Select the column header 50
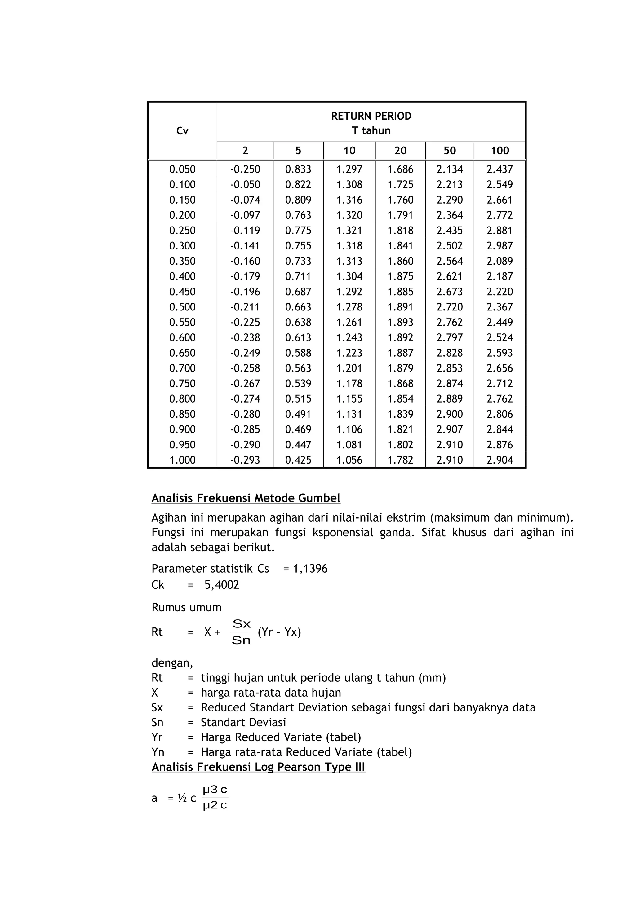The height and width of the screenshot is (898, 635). point(450,151)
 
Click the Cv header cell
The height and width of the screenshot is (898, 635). point(182,131)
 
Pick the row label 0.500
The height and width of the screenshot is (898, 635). point(182,307)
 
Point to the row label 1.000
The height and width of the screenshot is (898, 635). point(182,460)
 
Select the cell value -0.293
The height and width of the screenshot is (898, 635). point(245,460)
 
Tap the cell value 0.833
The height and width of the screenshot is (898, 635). point(298,169)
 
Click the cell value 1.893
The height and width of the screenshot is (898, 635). point(400,322)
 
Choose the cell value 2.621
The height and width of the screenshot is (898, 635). point(450,276)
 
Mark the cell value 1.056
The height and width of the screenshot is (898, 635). point(349,460)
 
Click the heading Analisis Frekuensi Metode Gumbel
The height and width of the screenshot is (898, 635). point(246,498)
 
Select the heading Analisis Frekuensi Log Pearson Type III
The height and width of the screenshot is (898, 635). point(258,767)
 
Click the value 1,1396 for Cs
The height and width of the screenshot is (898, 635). point(310,569)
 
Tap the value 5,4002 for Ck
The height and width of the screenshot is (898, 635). point(221,585)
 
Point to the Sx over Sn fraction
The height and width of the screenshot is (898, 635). point(241,632)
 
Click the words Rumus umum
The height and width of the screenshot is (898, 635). point(186,607)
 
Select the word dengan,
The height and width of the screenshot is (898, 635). point(172,663)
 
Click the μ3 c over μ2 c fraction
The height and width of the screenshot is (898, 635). point(215,798)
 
